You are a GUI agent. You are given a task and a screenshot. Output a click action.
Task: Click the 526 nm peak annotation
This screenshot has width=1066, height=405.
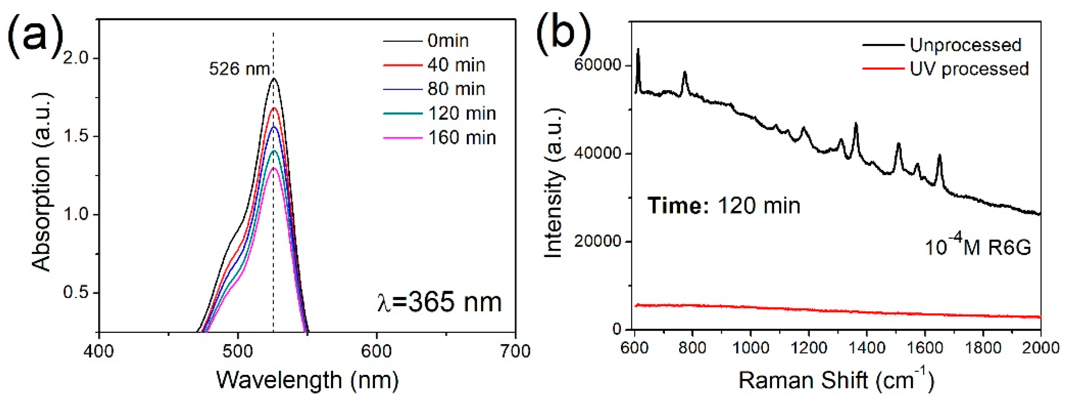point(239,69)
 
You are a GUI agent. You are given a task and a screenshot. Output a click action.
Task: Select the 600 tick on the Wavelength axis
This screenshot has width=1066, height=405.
point(376,351)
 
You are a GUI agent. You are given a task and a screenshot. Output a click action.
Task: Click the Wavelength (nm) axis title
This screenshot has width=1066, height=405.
point(307,380)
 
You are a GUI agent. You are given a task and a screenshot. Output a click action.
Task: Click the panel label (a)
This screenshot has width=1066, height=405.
point(35,33)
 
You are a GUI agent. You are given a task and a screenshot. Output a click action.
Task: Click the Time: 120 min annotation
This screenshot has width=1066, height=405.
point(724,206)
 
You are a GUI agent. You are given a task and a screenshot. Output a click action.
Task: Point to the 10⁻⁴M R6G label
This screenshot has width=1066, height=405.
point(978,248)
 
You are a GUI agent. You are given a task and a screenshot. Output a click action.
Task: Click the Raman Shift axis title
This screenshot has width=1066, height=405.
point(836,380)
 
